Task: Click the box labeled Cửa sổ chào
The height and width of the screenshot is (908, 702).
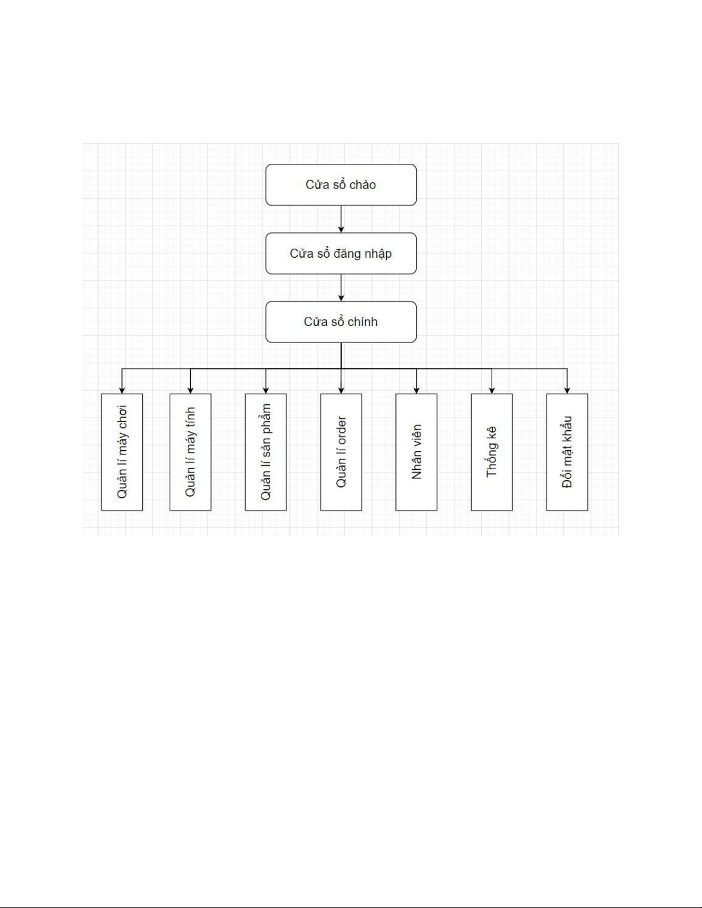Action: (340, 184)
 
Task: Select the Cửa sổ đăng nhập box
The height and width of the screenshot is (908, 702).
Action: (340, 253)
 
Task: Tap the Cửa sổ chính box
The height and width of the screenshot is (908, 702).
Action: (340, 322)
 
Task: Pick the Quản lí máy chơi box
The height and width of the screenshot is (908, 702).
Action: (121, 451)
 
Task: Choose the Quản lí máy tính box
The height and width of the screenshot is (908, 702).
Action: (190, 451)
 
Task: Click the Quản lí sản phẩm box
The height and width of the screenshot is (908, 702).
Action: (265, 451)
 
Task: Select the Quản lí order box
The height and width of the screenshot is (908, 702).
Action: (341, 451)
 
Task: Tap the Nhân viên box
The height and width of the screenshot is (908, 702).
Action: (416, 451)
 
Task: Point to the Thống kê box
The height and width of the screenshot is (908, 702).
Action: (492, 451)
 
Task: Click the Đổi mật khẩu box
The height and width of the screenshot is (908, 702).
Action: (567, 451)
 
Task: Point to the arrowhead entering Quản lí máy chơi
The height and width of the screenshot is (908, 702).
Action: (121, 390)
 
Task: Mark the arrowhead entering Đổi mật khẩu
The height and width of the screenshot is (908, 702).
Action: (567, 390)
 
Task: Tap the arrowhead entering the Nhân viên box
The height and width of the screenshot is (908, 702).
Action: (416, 390)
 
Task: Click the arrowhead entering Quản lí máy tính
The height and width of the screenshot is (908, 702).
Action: (190, 390)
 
